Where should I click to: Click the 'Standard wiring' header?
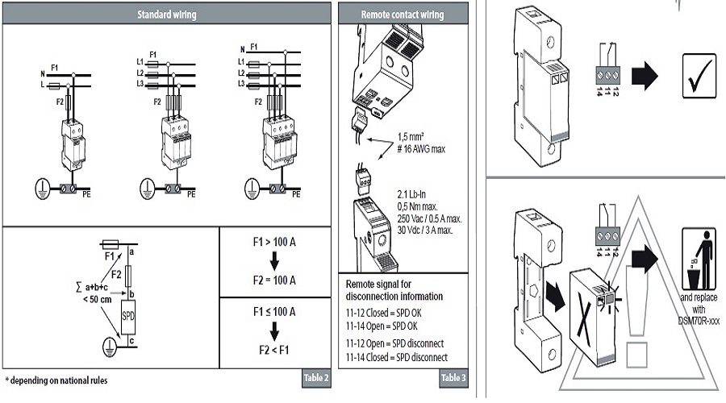tap(166, 15)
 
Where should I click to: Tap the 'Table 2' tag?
tap(315, 378)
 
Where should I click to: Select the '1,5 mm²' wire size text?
tap(415, 136)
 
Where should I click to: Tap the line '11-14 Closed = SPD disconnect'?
tap(396, 357)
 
